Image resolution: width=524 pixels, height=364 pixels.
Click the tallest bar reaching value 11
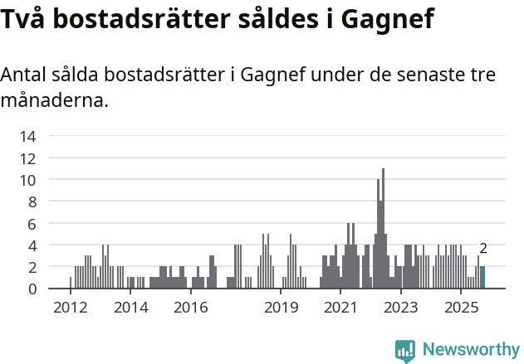tap(383, 229)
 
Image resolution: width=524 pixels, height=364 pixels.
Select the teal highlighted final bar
tap(483, 278)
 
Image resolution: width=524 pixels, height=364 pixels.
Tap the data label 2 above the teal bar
tap(483, 249)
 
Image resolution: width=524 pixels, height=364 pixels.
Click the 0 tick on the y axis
tap(31, 289)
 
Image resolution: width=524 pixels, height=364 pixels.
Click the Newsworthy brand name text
tap(470, 349)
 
